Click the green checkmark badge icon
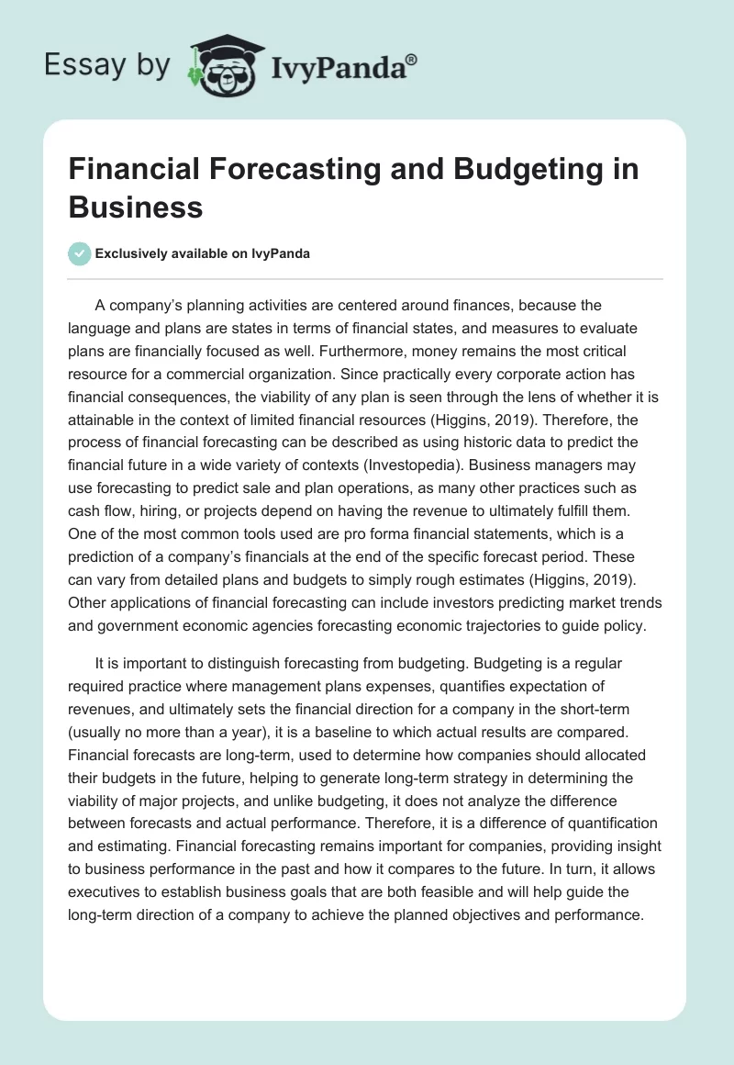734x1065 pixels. click(x=80, y=253)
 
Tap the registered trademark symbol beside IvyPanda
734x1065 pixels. click(x=412, y=59)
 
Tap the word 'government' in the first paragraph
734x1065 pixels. click(x=115, y=626)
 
